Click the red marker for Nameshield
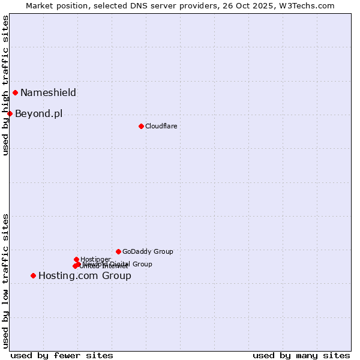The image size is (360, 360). (15, 92)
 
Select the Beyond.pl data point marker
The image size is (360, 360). (10, 113)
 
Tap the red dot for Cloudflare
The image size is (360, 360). (141, 126)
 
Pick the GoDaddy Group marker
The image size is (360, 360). (118, 251)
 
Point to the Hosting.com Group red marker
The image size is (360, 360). (33, 275)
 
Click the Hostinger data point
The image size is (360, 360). (76, 259)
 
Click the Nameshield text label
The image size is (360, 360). (48, 92)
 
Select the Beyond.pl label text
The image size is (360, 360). (38, 113)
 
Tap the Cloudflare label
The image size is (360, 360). (161, 126)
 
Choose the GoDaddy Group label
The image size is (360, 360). (148, 251)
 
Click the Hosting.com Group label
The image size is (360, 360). (85, 275)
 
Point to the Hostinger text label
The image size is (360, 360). (95, 259)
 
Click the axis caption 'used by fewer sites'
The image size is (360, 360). (62, 355)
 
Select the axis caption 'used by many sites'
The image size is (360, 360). (301, 355)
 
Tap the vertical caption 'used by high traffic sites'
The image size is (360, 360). (5, 85)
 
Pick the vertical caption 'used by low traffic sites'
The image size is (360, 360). (5, 280)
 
